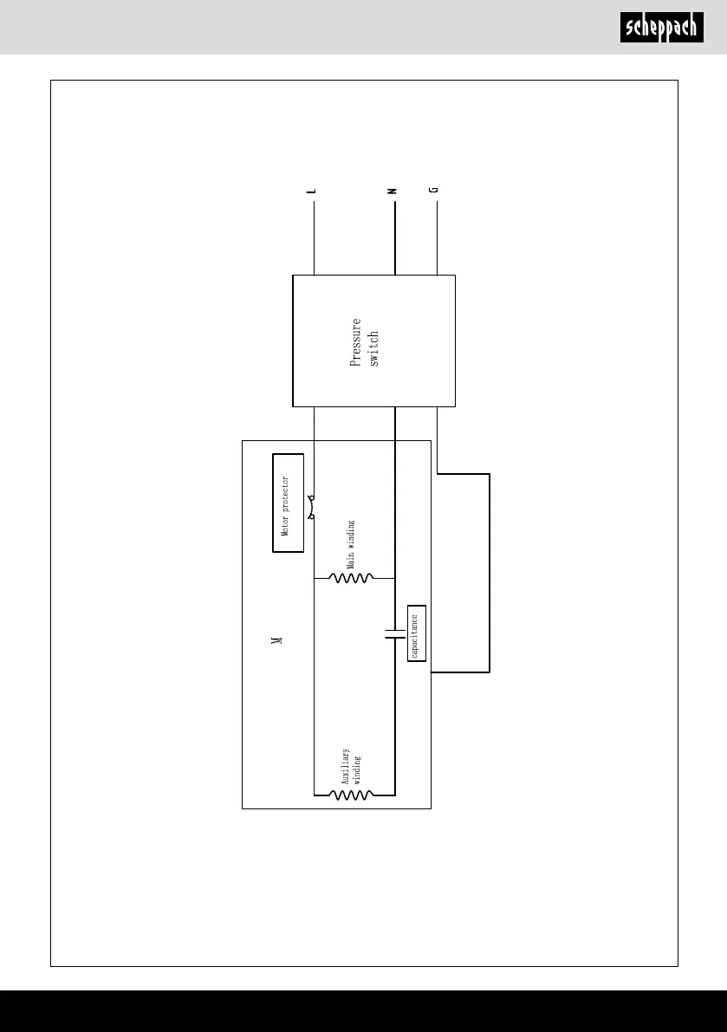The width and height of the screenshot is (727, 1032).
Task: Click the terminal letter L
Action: pyautogui.click(x=312, y=190)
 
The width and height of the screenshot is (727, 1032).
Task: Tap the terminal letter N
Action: pyautogui.click(x=393, y=190)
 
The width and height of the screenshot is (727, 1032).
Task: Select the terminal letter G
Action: pyautogui.click(x=435, y=190)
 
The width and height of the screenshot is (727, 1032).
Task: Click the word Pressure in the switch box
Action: pyautogui.click(x=355, y=343)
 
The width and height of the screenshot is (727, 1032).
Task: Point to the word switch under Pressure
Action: pyautogui.click(x=374, y=347)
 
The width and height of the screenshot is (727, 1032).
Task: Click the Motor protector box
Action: pyautogui.click(x=289, y=503)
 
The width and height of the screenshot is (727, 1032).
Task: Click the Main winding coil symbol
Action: pyautogui.click(x=352, y=578)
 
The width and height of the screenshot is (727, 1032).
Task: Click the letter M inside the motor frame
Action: pyautogui.click(x=276, y=639)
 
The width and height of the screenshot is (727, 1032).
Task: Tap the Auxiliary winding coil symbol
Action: pyautogui.click(x=352, y=794)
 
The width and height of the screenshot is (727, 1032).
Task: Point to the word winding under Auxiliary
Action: pyautogui.click(x=356, y=769)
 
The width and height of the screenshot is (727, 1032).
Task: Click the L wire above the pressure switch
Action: pyautogui.click(x=312, y=238)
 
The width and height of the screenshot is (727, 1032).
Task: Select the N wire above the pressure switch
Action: pyautogui.click(x=394, y=238)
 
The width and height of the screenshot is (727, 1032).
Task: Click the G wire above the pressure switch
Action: pyautogui.click(x=436, y=238)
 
